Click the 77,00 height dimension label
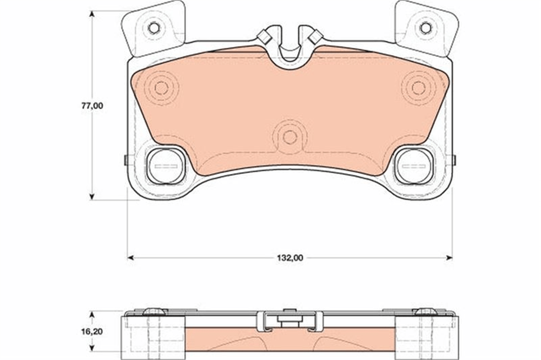pyautogui.click(x=92, y=106)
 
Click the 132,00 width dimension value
pyautogui.click(x=290, y=258)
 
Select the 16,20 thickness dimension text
pyautogui.click(x=92, y=332)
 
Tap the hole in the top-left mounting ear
pyautogui.click(x=154, y=28)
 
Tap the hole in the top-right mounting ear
pyautogui.click(x=426, y=28)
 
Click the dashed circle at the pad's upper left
pyautogui.click(x=161, y=88)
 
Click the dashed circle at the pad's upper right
pyautogui.click(x=419, y=88)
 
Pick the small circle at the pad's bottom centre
pyautogui.click(x=290, y=138)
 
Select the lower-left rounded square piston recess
pyautogui.click(x=166, y=166)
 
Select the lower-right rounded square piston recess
pyautogui.click(x=414, y=166)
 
